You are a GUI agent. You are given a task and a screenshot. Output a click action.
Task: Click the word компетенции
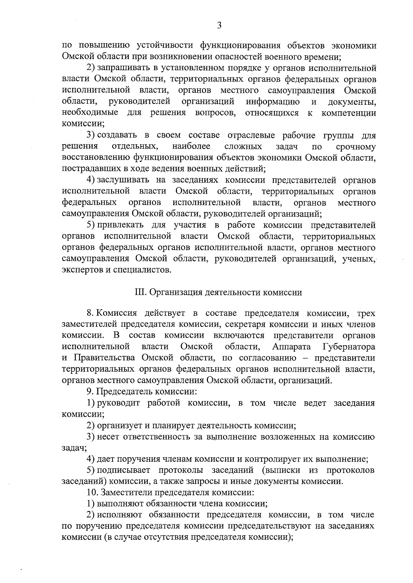(349, 113)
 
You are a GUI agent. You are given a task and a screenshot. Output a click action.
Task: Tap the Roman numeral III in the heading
(139, 292)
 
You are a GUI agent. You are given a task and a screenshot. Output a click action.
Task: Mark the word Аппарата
(292, 346)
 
